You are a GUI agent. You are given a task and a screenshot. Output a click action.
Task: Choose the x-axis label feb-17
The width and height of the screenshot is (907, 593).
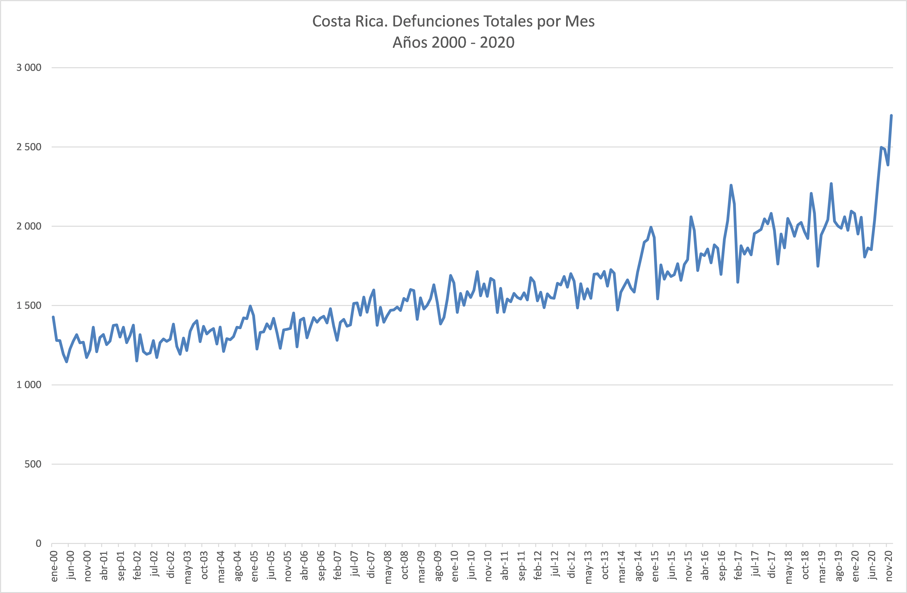pos(738,566)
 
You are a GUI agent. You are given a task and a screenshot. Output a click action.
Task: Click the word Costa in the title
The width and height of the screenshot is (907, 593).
pos(332,21)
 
